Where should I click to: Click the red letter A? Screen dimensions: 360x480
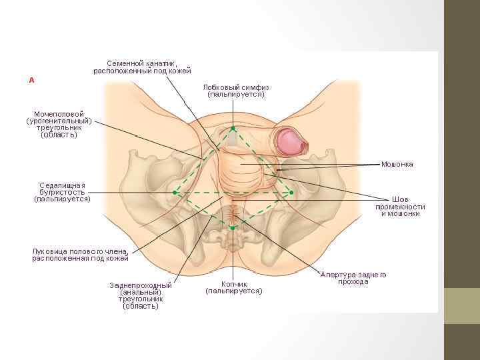click(31, 80)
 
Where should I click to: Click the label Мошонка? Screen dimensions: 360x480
click(397, 164)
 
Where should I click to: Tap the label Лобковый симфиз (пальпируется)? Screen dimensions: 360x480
click(236, 91)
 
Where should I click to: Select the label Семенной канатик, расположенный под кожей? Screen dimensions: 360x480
click(142, 67)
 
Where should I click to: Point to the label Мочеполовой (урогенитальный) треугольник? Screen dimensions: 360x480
click(59, 125)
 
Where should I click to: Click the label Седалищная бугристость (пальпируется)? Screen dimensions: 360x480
click(62, 191)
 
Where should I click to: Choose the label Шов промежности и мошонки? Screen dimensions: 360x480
click(400, 206)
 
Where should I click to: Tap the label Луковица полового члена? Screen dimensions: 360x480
click(80, 254)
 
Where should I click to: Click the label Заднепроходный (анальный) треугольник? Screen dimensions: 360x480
click(141, 295)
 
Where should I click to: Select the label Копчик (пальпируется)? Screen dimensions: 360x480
click(233, 287)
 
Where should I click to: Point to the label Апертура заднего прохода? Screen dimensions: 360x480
click(353, 278)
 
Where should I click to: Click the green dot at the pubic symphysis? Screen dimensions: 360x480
click(233, 127)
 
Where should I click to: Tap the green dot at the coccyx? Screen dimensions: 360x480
click(232, 228)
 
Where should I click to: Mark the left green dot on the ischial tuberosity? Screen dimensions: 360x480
click(175, 192)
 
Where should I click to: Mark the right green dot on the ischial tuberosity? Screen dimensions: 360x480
click(291, 192)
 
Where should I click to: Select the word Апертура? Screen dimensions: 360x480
click(337, 275)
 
